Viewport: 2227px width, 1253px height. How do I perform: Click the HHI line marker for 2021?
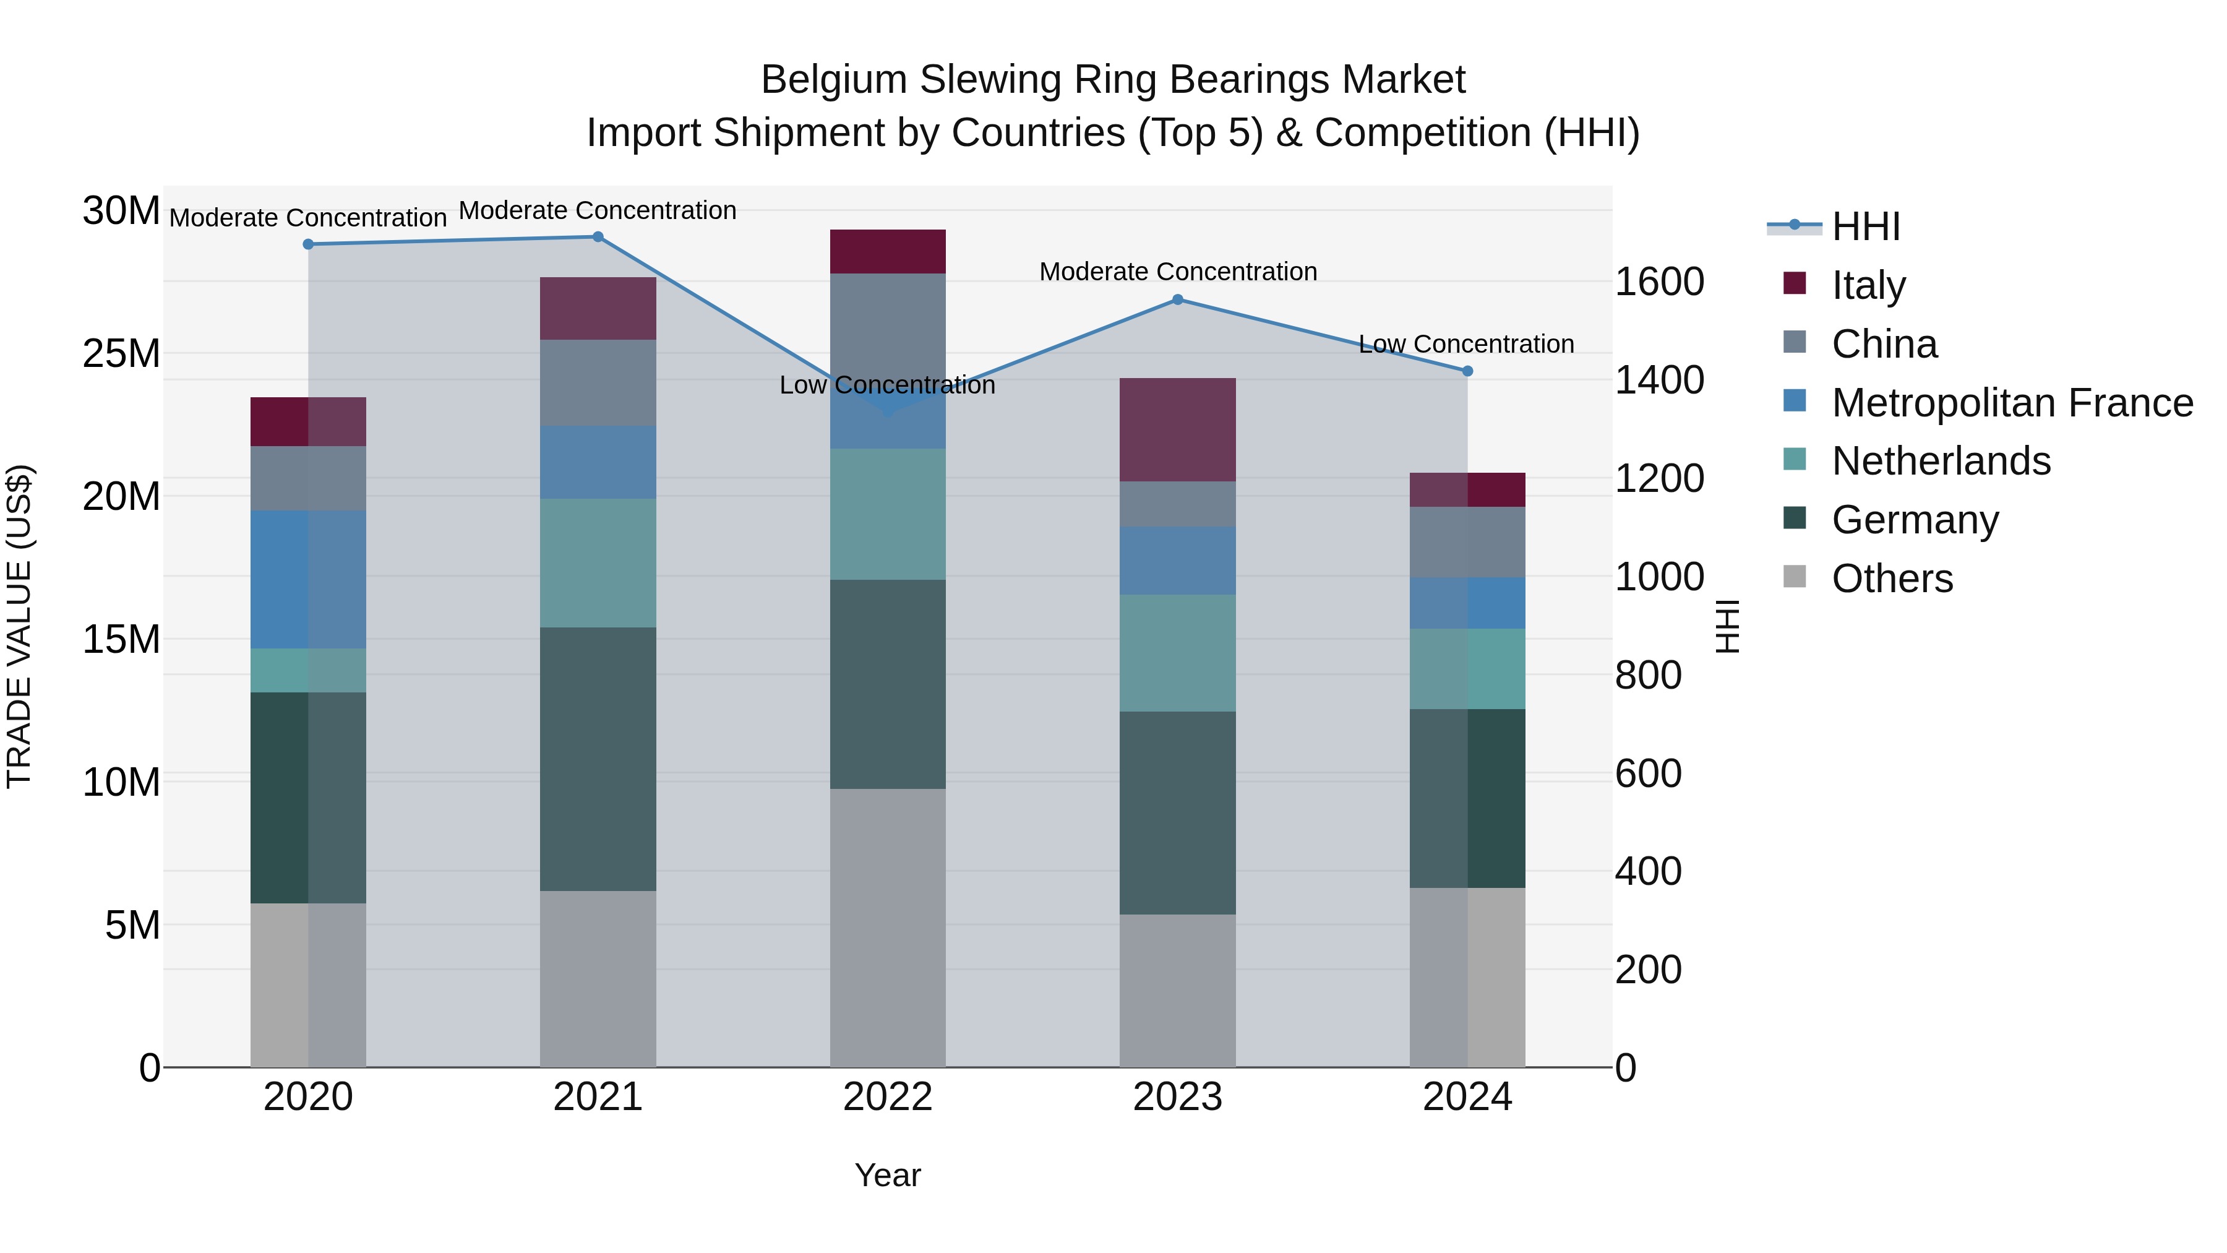598,237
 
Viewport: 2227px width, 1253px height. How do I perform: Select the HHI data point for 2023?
1177,300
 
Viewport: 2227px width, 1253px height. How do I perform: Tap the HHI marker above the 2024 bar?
1467,371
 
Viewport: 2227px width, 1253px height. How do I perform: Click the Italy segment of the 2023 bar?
1177,430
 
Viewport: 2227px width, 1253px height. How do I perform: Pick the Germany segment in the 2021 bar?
598,759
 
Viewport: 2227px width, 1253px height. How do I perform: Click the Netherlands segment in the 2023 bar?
1177,653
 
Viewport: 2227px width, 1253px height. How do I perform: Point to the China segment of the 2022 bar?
888,320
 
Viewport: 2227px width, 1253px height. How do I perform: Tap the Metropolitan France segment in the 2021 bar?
598,462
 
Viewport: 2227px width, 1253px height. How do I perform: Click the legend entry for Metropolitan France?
2012,403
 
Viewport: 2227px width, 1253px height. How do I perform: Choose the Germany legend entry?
1915,520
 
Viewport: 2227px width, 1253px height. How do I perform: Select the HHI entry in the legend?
1866,226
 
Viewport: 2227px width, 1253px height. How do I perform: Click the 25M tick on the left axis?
121,354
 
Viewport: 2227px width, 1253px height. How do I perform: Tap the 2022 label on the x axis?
888,1097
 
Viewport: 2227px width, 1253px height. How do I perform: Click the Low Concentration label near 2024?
1466,344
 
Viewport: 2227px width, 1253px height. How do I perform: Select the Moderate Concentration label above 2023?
1177,272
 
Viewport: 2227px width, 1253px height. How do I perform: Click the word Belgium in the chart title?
835,80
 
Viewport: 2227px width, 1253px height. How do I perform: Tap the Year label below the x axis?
888,1175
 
